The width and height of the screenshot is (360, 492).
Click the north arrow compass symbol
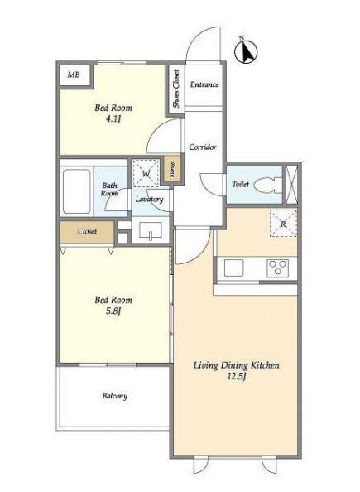coord(246,51)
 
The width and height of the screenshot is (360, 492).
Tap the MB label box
coord(74,75)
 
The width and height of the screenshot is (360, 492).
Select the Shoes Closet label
coord(176,89)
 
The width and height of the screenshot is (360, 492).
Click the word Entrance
coord(204,84)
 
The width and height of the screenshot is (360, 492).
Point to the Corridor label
coord(203,147)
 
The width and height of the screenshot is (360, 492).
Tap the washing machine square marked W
coord(146,173)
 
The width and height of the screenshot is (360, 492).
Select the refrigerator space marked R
coord(283,223)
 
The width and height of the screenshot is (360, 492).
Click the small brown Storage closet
coord(172,168)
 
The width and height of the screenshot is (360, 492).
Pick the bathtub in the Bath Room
coord(77,191)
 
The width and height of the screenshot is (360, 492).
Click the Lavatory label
coord(149,200)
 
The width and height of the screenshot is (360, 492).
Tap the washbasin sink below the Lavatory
coord(151,231)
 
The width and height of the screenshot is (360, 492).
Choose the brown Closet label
coord(87,231)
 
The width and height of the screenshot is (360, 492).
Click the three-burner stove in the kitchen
coord(278,268)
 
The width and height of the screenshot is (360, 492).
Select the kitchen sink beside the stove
coord(234,268)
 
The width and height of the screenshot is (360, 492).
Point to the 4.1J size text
coord(113,119)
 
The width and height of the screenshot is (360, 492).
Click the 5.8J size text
coord(113,311)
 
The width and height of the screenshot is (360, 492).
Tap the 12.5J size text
coord(236,376)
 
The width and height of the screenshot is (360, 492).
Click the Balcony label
coord(115,396)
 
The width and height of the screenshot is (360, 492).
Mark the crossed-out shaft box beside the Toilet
coord(291,185)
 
